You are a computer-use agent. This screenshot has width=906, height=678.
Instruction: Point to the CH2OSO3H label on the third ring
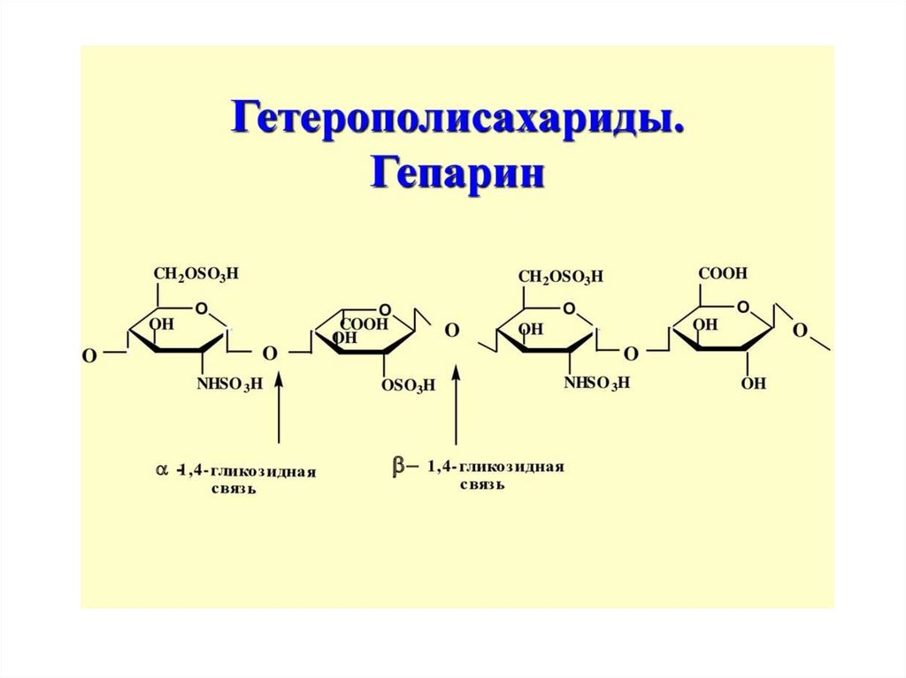click(560, 277)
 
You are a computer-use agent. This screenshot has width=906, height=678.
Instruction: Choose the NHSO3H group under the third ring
click(595, 383)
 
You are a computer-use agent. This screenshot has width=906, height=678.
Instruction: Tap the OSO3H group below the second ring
click(408, 385)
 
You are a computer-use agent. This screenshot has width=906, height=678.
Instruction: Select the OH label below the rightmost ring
click(754, 384)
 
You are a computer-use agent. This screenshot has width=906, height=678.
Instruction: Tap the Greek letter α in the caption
click(162, 471)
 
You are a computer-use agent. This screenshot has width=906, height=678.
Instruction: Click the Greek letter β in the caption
click(398, 466)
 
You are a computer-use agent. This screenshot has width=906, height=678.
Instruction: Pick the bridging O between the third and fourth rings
click(631, 354)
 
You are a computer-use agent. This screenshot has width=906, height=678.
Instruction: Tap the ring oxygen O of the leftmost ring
click(203, 309)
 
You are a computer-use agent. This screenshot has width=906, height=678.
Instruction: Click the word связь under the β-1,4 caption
click(481, 485)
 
